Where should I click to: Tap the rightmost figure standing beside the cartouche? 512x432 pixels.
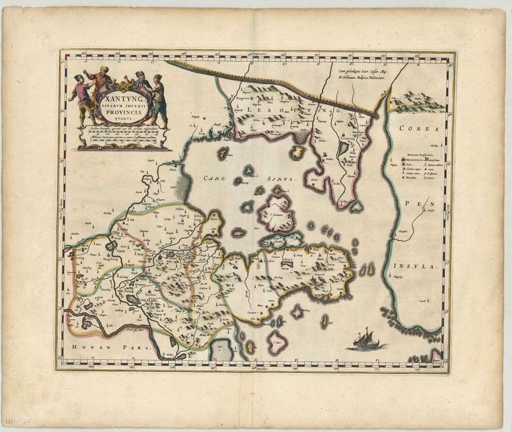158,99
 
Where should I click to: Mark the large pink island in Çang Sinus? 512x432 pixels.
278,214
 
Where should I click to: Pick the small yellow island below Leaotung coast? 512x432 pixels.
297,152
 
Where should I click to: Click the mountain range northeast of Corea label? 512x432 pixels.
417,99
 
